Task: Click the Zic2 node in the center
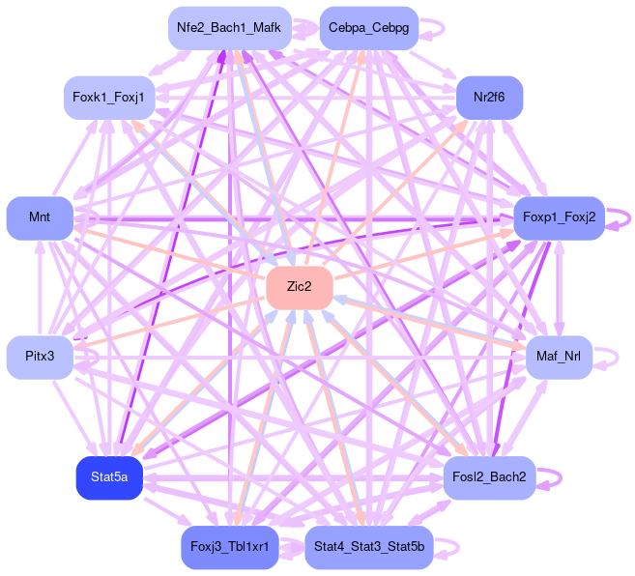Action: [300, 287]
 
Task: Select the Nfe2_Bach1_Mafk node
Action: [229, 28]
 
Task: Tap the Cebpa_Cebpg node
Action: [368, 28]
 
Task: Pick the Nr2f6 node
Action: [489, 97]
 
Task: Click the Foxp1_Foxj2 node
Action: [560, 218]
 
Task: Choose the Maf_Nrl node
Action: [559, 358]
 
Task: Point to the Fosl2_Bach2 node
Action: [489, 477]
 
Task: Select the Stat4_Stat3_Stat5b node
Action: [368, 548]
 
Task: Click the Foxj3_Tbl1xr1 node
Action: [229, 548]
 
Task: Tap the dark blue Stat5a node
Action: [109, 477]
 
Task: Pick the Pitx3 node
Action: [40, 358]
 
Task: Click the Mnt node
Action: [40, 217]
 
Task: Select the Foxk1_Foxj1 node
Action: [109, 97]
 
